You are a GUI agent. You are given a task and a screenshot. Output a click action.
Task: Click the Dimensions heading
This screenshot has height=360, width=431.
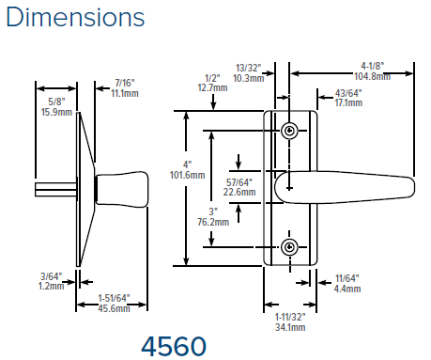[75, 17]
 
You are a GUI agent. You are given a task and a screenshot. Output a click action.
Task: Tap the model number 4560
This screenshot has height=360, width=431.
[174, 347]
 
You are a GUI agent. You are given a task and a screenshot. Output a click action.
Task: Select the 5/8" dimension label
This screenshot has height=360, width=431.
[56, 102]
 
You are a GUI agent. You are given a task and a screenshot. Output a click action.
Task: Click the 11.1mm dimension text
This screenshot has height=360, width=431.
[125, 93]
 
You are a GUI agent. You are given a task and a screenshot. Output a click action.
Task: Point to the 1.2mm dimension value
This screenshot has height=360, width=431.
[51, 286]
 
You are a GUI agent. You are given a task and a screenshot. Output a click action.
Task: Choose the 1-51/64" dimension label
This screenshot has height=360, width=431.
[114, 298]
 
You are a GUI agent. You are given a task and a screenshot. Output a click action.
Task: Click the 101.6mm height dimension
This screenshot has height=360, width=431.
[187, 175]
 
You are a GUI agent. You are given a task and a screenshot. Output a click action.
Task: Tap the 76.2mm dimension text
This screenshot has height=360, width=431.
[213, 222]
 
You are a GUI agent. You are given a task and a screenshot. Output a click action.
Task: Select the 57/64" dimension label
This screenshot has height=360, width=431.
[239, 182]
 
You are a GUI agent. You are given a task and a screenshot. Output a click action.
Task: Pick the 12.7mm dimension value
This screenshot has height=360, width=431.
[212, 87]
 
